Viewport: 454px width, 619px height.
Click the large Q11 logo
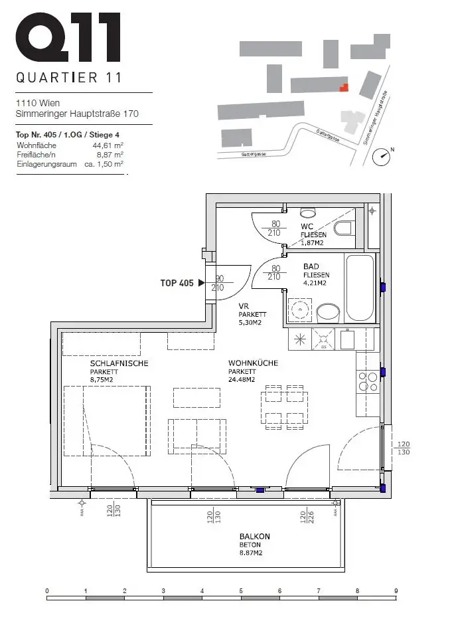pyautogui.click(x=68, y=39)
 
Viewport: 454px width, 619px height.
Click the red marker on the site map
pyautogui.click(x=343, y=87)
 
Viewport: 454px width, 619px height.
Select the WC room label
pyautogui.click(x=306, y=227)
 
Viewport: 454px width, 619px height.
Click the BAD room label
pyautogui.click(x=311, y=266)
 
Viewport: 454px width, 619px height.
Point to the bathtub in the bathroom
pyautogui.click(x=360, y=288)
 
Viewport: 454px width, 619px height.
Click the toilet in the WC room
pyautogui.click(x=343, y=229)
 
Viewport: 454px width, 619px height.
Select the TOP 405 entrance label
pyautogui.click(x=177, y=283)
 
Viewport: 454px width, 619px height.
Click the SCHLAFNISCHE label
pyautogui.click(x=119, y=363)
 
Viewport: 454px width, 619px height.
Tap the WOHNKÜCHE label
pyautogui.click(x=252, y=363)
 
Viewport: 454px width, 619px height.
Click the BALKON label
pyautogui.click(x=255, y=537)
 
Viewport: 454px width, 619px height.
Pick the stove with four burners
pyautogui.click(x=368, y=381)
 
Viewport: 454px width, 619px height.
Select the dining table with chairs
pyautogui.click(x=284, y=406)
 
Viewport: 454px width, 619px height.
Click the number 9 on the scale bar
pyautogui.click(x=396, y=590)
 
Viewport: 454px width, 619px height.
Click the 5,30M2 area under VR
pyautogui.click(x=250, y=323)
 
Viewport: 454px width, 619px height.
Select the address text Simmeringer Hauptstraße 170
pyautogui.click(x=77, y=114)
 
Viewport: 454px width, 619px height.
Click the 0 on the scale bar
pyautogui.click(x=47, y=590)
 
